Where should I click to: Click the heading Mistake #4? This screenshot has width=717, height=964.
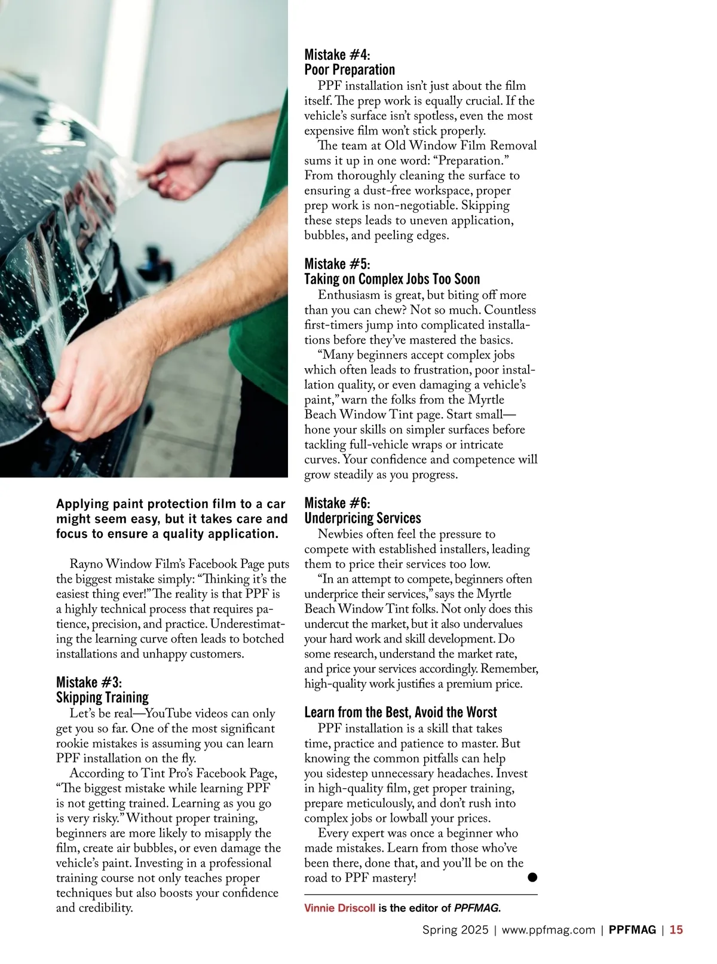(337, 55)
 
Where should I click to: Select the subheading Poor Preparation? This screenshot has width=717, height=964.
(350, 70)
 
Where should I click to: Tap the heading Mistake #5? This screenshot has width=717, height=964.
(337, 264)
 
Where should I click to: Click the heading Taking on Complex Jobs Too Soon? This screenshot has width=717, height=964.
(392, 279)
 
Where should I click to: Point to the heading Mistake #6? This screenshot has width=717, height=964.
(337, 503)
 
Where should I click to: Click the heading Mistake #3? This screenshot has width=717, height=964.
(89, 683)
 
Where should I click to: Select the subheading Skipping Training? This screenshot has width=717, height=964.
(102, 697)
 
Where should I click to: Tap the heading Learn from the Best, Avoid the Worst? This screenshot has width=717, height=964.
(400, 712)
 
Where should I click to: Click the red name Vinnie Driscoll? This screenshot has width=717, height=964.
(340, 908)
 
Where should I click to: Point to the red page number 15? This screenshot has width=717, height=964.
(676, 930)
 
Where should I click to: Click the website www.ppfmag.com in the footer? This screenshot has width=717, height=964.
(549, 930)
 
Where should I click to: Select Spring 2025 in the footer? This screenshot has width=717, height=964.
(455, 930)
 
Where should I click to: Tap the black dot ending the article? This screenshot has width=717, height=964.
(532, 877)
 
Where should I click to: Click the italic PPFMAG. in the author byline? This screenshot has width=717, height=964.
(477, 908)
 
